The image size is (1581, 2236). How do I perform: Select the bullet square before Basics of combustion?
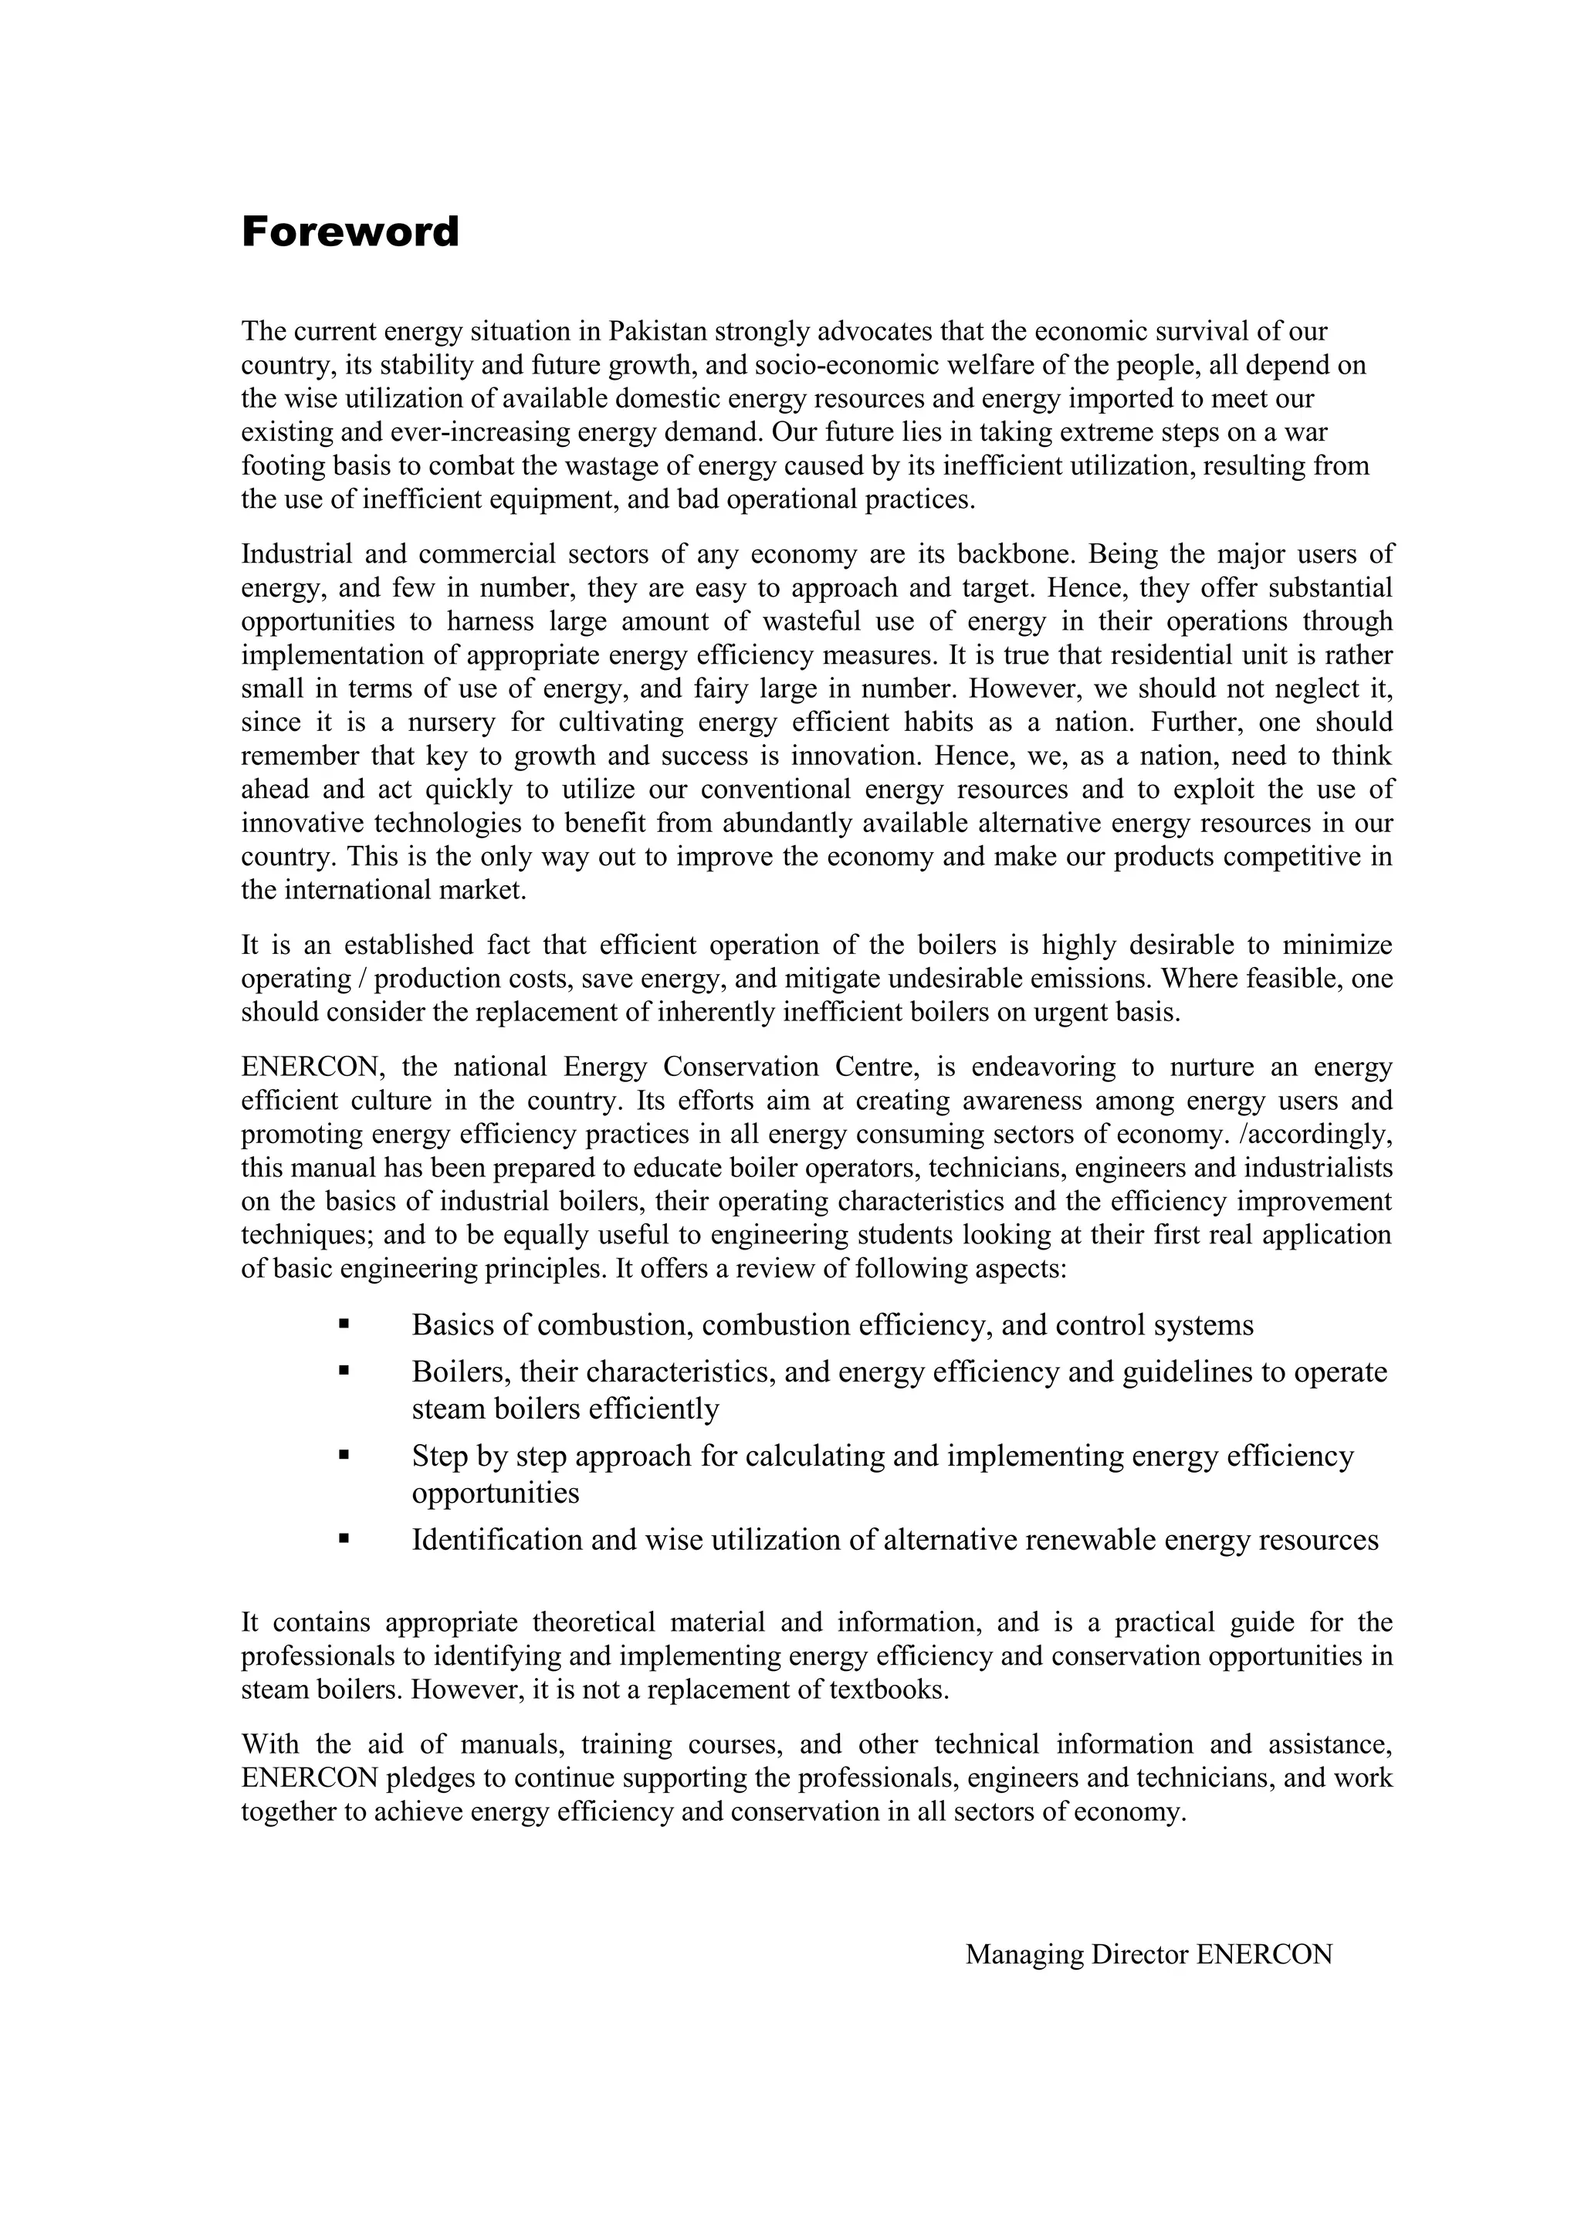pos(344,1324)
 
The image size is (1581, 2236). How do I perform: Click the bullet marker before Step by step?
pos(344,1455)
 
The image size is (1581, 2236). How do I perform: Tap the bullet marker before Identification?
pos(344,1539)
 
